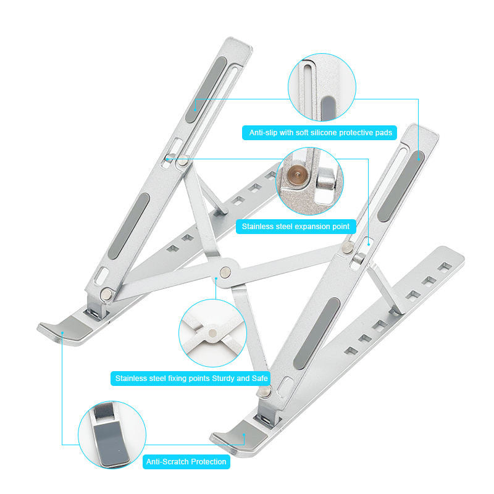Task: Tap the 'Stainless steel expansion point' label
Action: (296, 227)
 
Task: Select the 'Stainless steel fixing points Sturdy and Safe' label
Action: (191, 379)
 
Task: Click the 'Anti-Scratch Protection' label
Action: (186, 462)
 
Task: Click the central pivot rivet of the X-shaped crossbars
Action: (225, 272)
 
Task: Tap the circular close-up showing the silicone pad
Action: (322, 87)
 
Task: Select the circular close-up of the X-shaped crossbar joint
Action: (212, 333)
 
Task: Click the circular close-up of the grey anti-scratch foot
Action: (112, 435)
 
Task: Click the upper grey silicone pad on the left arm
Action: (206, 90)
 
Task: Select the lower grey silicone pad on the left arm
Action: (128, 226)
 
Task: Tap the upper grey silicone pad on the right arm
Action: (401, 186)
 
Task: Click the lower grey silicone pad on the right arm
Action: (317, 333)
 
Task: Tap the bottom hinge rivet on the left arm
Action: (106, 295)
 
